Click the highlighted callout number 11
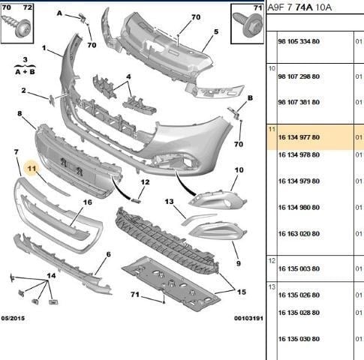tap(32, 169)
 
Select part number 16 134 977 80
tap(299, 137)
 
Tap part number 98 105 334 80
tap(299, 41)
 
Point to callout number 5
tap(216, 31)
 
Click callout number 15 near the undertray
tap(242, 292)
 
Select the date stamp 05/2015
tap(13, 318)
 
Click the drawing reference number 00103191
tap(248, 318)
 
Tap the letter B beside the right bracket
tap(250, 98)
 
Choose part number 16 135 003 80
tap(299, 268)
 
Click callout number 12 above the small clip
tap(145, 182)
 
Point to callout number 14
tap(51, 276)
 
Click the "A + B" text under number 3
tap(25, 72)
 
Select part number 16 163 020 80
tap(299, 234)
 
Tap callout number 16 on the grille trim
tap(88, 202)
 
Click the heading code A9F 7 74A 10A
tap(299, 7)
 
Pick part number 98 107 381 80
tap(299, 102)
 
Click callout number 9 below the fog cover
tap(239, 263)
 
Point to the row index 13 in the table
tap(272, 287)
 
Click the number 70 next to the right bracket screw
tap(239, 144)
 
